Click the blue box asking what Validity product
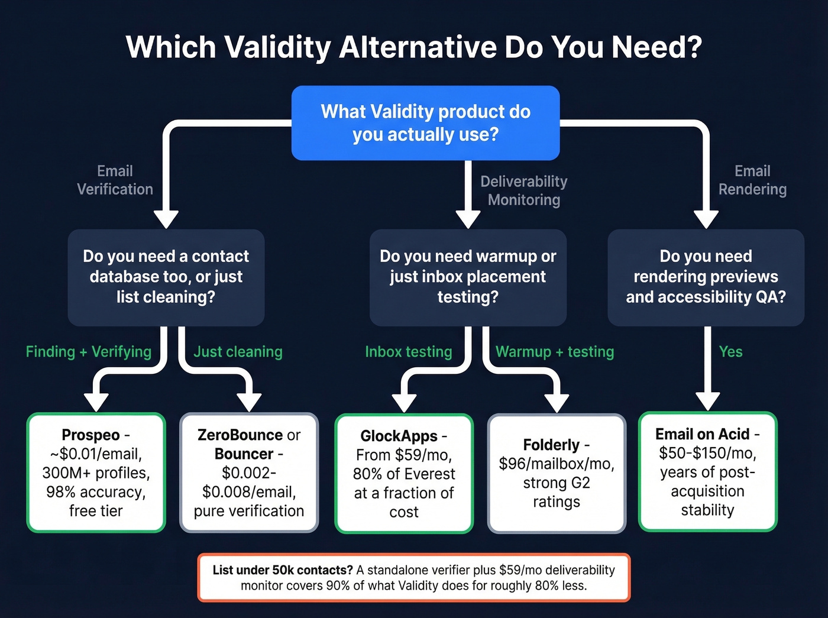click(x=425, y=123)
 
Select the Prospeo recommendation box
click(x=96, y=473)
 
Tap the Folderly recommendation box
click(x=556, y=473)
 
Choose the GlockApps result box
click(x=404, y=474)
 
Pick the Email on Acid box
click(x=707, y=471)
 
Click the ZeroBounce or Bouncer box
click(x=248, y=473)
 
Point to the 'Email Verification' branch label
click(x=115, y=180)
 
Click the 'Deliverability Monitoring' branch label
click(x=523, y=190)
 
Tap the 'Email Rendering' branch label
click(x=752, y=180)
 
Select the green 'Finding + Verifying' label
click(x=89, y=352)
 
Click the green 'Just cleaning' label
click(x=238, y=352)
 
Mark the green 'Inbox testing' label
click(x=408, y=352)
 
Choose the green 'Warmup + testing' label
click(x=554, y=352)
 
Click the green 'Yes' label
click(x=730, y=352)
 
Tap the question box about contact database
click(x=166, y=277)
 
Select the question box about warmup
click(x=468, y=277)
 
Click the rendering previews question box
click(x=706, y=277)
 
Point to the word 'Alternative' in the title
click(x=418, y=47)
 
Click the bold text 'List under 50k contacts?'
click(x=283, y=570)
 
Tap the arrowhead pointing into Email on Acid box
click(x=707, y=402)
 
